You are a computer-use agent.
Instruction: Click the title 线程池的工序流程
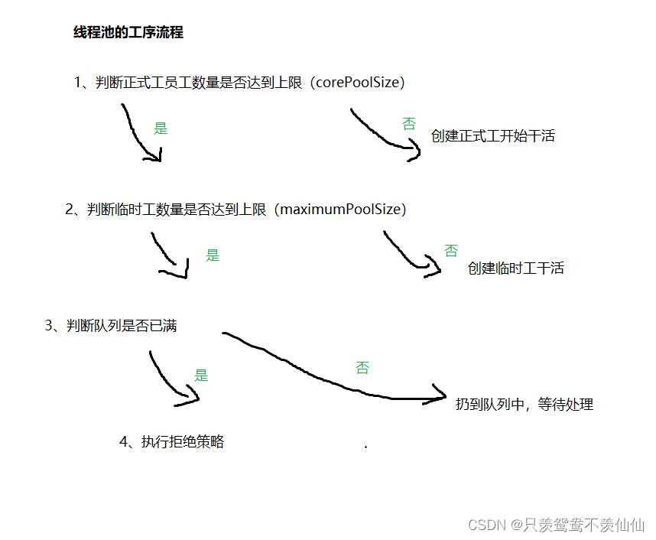(128, 33)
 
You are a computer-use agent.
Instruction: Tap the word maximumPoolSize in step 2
(342, 209)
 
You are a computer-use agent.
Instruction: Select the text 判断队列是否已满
(122, 326)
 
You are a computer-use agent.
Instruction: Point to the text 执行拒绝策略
(183, 442)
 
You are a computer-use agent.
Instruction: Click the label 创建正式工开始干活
(492, 136)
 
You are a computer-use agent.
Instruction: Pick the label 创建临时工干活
(515, 268)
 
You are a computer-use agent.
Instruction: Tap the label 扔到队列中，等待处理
(524, 405)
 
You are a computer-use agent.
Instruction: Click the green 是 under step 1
(161, 128)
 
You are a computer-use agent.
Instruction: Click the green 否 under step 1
(409, 122)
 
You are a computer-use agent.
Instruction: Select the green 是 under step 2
(213, 255)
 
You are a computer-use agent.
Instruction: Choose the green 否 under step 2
(451, 250)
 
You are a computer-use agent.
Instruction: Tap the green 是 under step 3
(201, 376)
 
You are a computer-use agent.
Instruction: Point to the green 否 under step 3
(362, 368)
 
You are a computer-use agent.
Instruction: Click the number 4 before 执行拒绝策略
(124, 442)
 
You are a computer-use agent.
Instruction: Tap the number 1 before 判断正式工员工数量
(79, 83)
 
